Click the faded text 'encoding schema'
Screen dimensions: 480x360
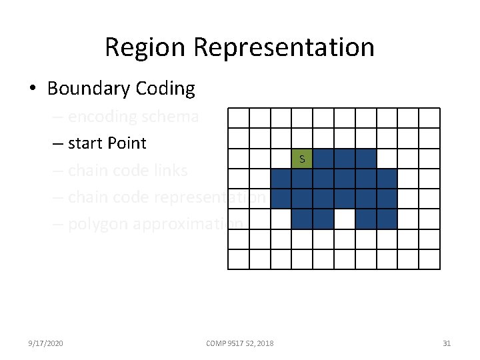coord(133,117)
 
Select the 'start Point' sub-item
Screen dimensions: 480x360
coord(107,143)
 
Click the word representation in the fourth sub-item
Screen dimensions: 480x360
coord(210,198)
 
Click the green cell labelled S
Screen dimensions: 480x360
coord(302,159)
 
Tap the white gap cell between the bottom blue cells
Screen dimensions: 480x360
coord(344,219)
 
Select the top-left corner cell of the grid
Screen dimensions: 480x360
coord(238,118)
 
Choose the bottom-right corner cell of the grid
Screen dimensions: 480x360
coord(429,259)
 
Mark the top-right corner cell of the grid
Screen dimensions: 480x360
coord(429,118)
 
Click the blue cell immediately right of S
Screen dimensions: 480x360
coord(323,159)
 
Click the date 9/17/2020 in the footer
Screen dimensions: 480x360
coord(46,343)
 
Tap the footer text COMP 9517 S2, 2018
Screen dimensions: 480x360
coord(240,343)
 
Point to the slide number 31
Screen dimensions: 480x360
coord(447,343)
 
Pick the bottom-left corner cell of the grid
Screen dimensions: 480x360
coord(238,259)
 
